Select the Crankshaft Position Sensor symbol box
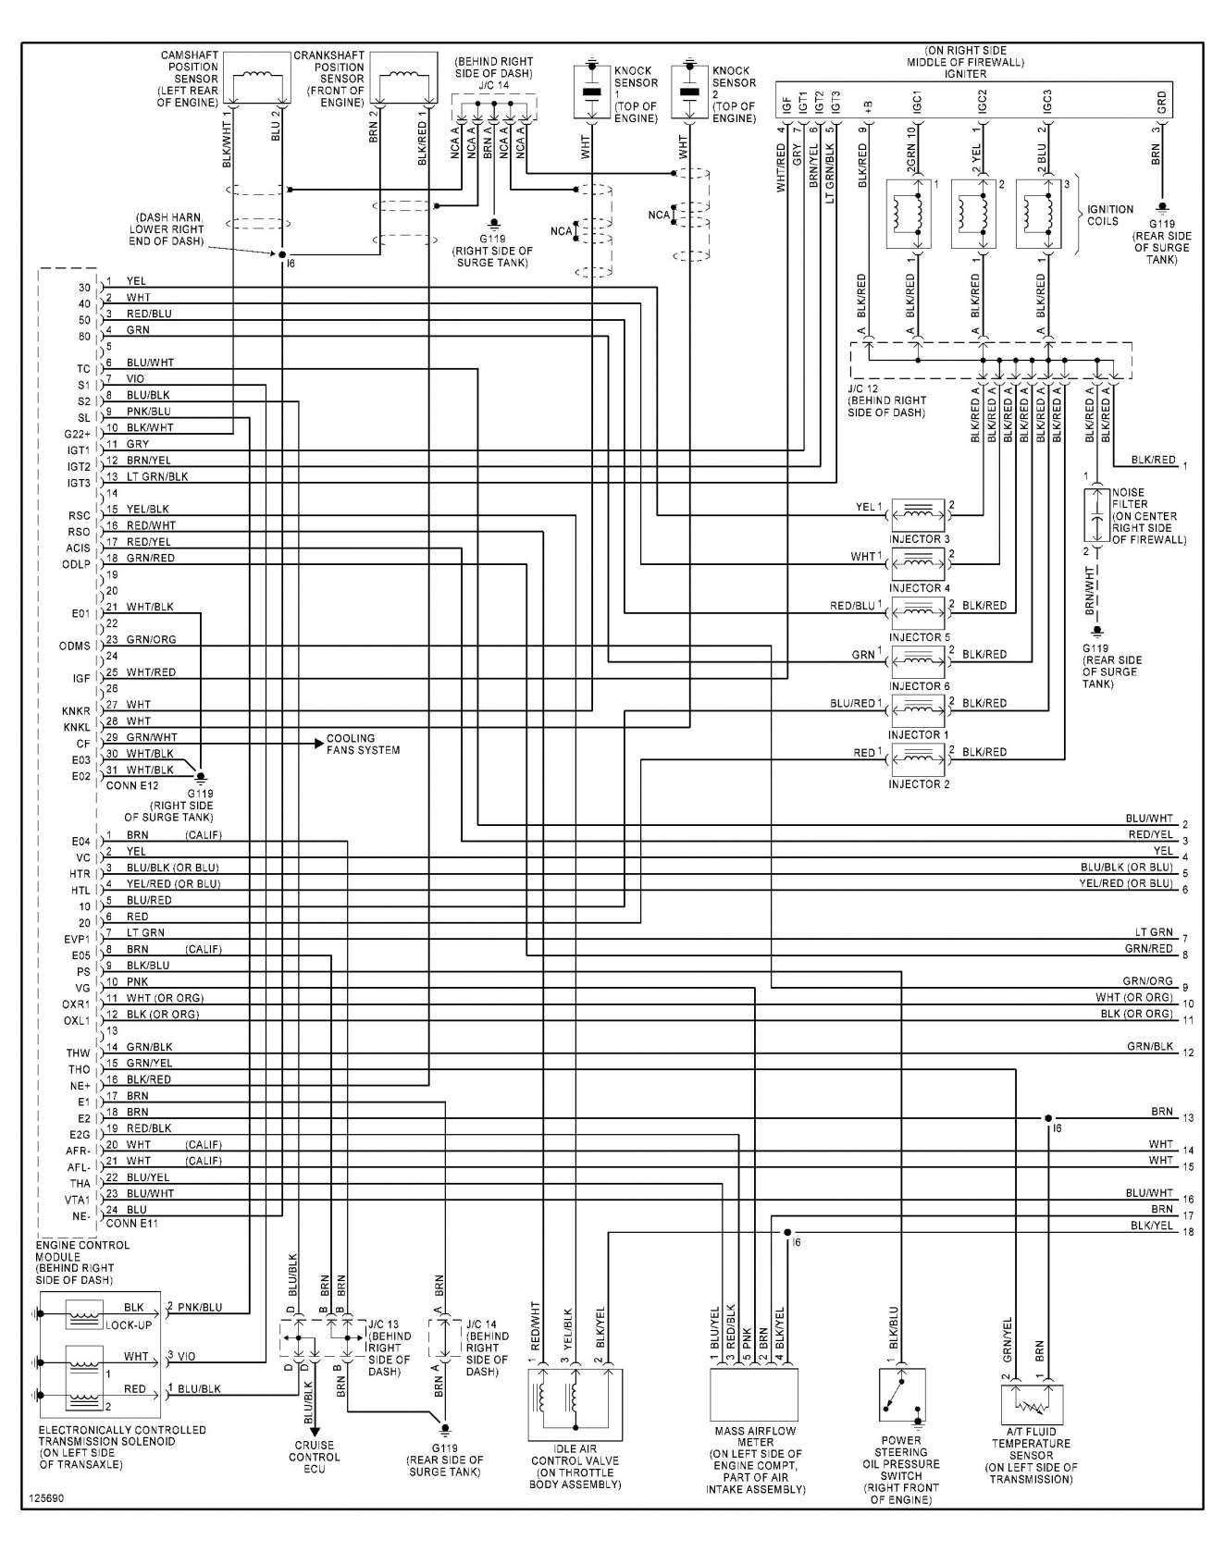(403, 80)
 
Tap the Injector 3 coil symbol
(918, 513)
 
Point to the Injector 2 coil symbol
(918, 758)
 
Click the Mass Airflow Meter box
(753, 1394)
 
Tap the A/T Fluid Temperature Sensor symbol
(1032, 1404)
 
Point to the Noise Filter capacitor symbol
(1095, 514)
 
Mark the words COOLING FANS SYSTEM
(364, 745)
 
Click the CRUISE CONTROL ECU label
(315, 1457)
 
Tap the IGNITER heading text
(967, 74)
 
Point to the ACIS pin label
(80, 548)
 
